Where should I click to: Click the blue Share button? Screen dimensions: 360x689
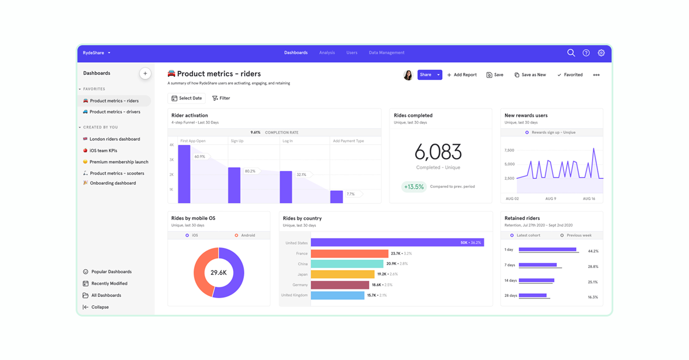tap(425, 75)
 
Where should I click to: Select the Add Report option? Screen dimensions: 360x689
tap(462, 75)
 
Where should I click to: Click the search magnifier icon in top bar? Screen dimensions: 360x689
tap(571, 53)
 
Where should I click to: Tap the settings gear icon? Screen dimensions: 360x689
tap(601, 53)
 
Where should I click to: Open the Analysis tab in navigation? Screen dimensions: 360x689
tap(327, 53)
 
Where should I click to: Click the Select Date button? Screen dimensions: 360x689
tap(187, 98)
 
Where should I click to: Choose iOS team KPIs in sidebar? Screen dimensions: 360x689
tap(103, 150)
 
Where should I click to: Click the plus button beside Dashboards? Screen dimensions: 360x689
tap(145, 73)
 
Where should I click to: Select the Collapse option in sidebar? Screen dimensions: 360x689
tap(100, 307)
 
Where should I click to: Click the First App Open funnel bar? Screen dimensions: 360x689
tap(184, 174)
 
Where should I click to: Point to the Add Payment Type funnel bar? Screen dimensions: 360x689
tap(336, 197)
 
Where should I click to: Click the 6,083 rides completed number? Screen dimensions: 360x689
tap(438, 152)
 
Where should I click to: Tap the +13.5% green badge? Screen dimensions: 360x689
tap(414, 187)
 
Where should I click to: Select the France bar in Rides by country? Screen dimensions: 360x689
tap(349, 253)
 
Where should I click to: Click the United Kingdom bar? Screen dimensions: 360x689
tap(337, 295)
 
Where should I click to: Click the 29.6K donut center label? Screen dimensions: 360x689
tap(218, 273)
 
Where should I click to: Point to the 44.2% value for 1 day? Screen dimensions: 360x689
tap(593, 251)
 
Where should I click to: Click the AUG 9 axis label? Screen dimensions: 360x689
tap(551, 199)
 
